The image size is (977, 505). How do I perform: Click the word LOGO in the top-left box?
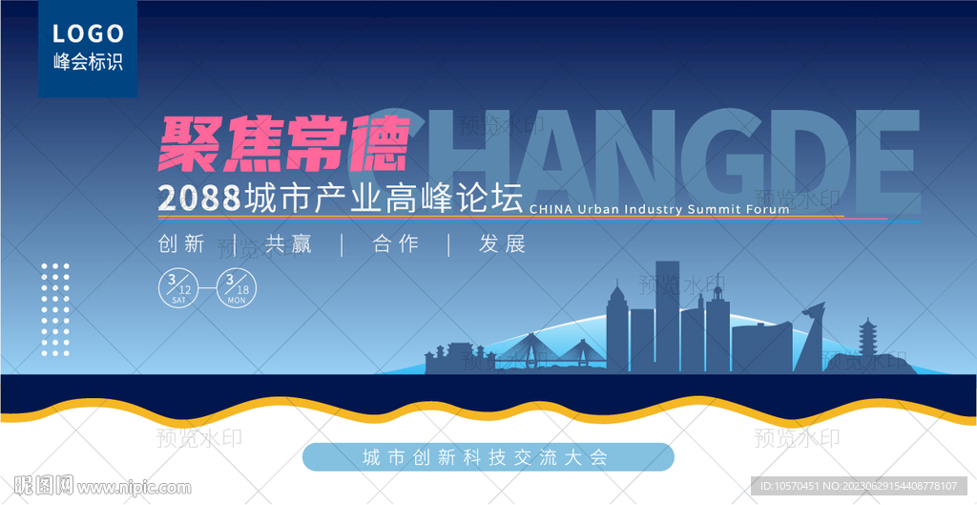coord(88,34)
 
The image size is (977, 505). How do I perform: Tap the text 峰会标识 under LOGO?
coord(88,63)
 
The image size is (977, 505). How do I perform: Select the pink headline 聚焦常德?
coord(283,144)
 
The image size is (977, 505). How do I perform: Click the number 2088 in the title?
coord(197,198)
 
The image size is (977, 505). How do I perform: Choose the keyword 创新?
coord(182,244)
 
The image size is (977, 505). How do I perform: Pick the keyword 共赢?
coord(289,244)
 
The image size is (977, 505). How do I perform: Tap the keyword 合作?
coord(396,244)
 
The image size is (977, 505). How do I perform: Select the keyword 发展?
coord(503,244)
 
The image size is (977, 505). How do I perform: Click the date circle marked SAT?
coord(178,288)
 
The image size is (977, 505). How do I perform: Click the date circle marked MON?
coord(237,288)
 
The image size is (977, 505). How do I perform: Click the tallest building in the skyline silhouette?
coord(667,315)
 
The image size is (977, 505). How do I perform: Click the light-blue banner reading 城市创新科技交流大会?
coord(488,457)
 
